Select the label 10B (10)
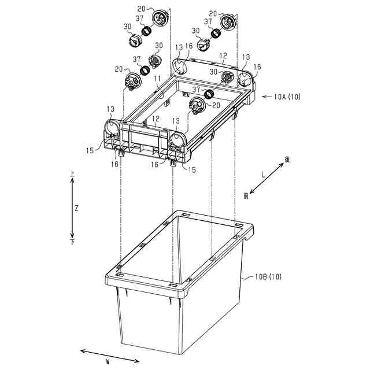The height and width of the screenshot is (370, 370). click(268, 277)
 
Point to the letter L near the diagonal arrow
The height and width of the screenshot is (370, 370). click(263, 173)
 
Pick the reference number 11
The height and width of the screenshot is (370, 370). click(157, 78)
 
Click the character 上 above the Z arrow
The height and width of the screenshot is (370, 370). click(72, 173)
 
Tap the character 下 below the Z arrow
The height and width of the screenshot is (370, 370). click(72, 243)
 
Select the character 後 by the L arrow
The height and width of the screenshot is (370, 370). click(286, 158)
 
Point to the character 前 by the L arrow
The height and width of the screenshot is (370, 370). click(246, 196)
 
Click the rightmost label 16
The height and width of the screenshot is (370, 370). click(258, 67)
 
